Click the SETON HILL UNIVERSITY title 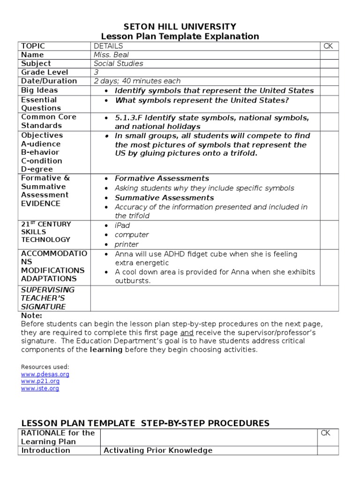coord(180,27)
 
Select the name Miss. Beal coord(111,55)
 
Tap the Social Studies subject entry coord(119,63)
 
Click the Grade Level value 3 coord(96,72)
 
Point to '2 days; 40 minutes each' coord(137,81)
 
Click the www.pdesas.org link coord(45,375)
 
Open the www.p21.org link coord(40,382)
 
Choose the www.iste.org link coord(40,389)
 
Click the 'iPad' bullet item coord(122,225)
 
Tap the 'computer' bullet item coord(132,235)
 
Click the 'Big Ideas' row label coord(39,90)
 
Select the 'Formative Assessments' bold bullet coord(162,179)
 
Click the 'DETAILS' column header coord(108,46)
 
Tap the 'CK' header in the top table coord(328,46)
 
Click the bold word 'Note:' coord(31,316)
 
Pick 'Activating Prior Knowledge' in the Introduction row coord(157,450)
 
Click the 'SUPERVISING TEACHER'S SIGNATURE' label coord(48,298)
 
